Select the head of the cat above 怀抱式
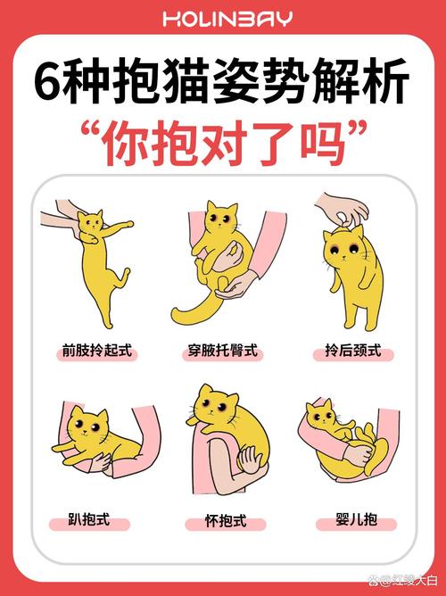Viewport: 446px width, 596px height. (215, 406)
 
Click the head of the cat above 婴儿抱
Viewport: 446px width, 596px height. (319, 415)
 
